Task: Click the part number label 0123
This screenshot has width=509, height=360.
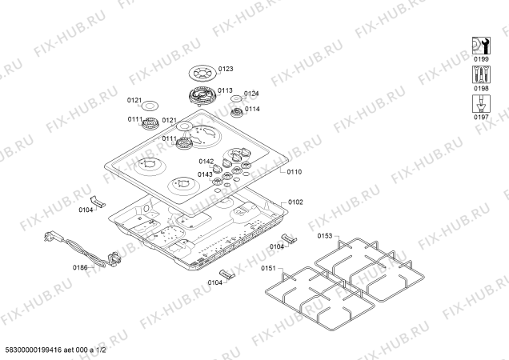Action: click(x=226, y=69)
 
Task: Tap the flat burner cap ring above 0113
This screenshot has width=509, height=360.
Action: click(x=202, y=74)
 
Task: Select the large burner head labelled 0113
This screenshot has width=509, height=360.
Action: click(x=202, y=95)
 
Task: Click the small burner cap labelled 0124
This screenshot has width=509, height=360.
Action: click(x=236, y=98)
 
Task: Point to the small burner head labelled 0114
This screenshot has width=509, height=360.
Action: click(x=237, y=113)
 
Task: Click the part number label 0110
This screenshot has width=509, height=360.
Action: click(x=294, y=172)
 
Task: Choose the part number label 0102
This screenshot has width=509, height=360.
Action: click(x=295, y=202)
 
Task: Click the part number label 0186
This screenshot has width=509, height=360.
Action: click(x=80, y=267)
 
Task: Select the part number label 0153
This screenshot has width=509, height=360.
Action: click(x=325, y=236)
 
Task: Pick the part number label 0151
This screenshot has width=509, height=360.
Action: click(x=268, y=268)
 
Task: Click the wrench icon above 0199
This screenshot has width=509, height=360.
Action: click(x=481, y=46)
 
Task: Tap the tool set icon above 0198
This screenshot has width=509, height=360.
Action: click(x=481, y=74)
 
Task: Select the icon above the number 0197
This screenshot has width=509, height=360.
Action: click(x=481, y=103)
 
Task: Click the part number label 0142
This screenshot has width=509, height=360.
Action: click(x=206, y=162)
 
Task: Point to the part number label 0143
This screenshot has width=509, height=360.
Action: click(x=205, y=174)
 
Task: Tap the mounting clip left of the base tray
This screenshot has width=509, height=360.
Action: click(x=98, y=202)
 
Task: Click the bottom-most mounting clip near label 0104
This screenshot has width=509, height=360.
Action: click(x=227, y=274)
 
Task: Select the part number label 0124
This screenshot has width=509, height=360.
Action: click(x=251, y=94)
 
